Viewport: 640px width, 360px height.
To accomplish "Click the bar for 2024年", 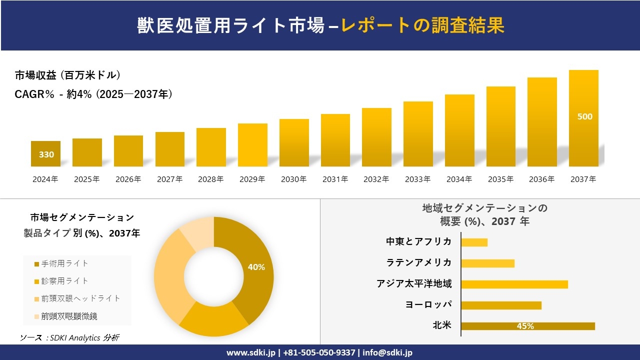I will [45, 154].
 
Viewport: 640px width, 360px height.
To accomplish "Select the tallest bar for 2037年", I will [583, 118].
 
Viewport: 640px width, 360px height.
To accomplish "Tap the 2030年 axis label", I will [293, 179].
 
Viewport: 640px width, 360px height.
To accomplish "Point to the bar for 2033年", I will [418, 134].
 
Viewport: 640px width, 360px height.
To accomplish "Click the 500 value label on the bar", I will [584, 116].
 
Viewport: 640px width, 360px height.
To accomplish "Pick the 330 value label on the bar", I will [46, 154].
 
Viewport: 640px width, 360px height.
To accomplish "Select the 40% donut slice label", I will [256, 267].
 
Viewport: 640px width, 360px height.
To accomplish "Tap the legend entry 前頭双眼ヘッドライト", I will [77, 298].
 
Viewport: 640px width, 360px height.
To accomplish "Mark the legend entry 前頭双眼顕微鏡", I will [65, 316].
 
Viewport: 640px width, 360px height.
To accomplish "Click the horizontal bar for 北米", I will [527, 326].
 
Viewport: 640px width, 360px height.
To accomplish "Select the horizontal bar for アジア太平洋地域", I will [514, 284].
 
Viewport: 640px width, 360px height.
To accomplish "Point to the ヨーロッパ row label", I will [428, 304].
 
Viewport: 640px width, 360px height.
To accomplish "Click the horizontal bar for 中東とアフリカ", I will [474, 242].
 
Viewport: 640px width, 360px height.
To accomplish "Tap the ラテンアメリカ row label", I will [419, 262].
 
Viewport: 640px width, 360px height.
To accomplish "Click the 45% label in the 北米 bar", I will [525, 326].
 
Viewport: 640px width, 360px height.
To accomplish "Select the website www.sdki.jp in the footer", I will [250, 352].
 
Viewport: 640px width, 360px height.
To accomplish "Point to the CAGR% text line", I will [93, 94].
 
